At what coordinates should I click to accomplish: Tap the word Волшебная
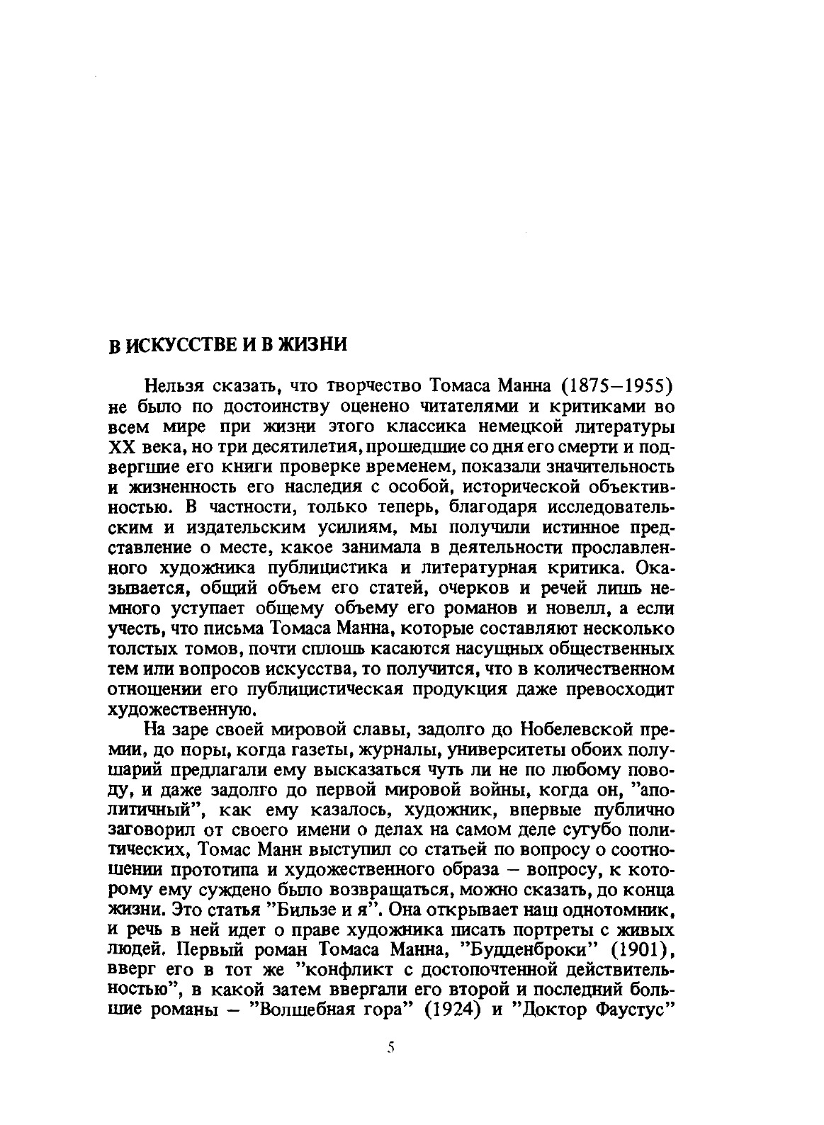[304, 1010]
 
